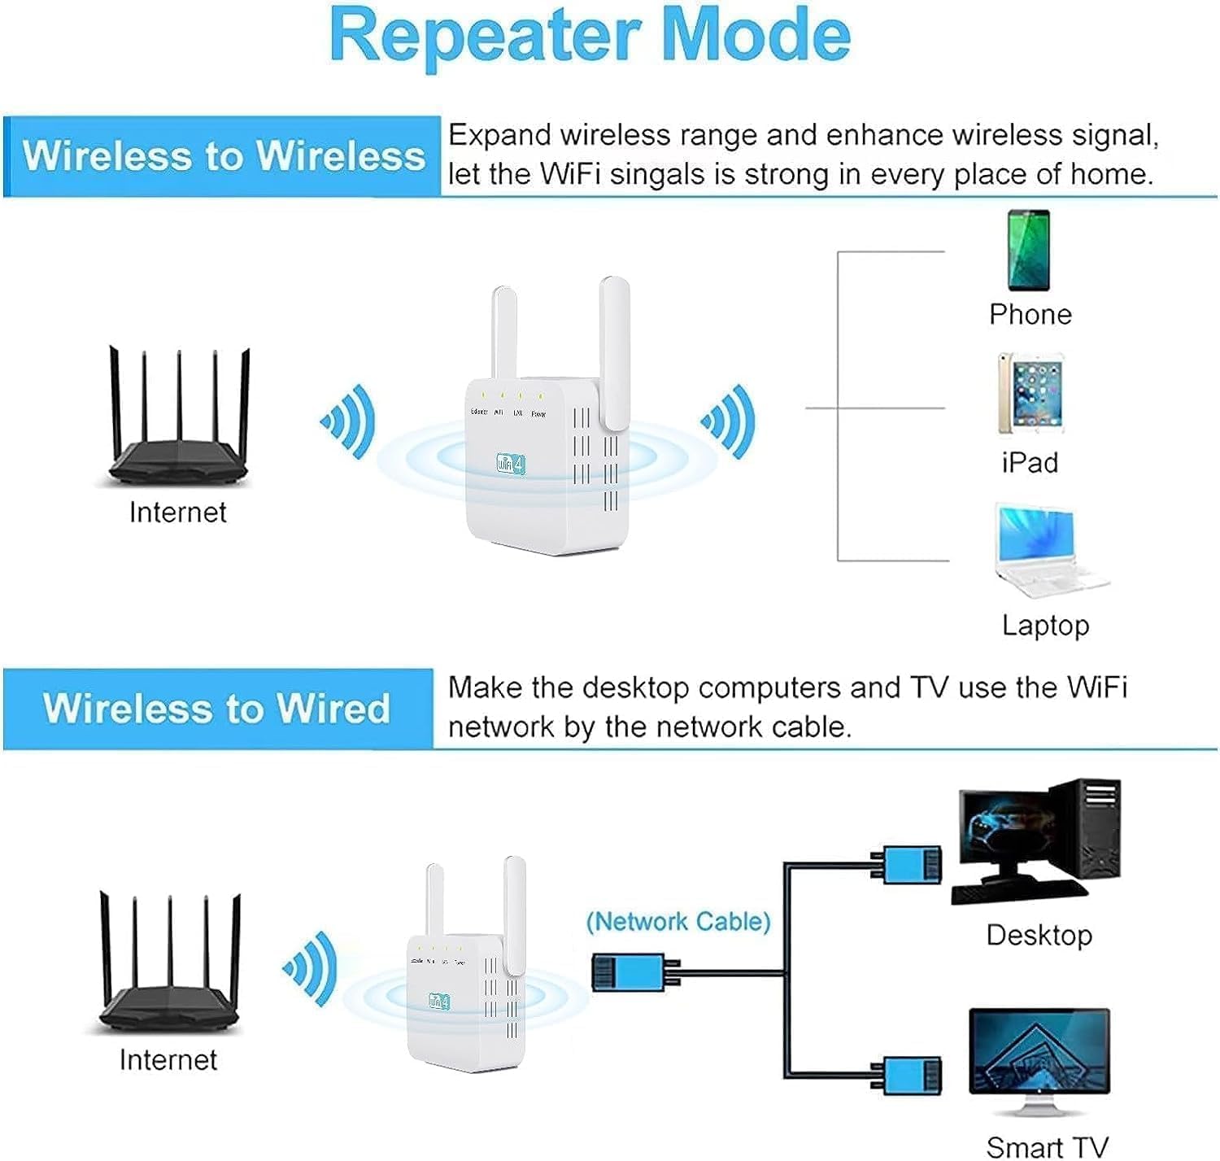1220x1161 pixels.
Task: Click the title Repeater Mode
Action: click(590, 37)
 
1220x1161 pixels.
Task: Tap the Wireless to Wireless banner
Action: click(223, 155)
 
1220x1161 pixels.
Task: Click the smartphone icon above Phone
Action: click(1029, 251)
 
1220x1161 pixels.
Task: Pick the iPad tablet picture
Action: click(1030, 394)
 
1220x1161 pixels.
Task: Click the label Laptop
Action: click(1045, 625)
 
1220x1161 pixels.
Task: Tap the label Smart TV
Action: click(1047, 1146)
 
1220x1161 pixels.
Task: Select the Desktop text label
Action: click(1039, 935)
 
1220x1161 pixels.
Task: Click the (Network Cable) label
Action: click(678, 921)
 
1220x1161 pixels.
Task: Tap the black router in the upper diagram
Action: click(179, 423)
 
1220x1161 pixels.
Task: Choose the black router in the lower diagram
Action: click(169, 968)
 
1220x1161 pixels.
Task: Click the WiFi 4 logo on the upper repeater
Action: click(511, 465)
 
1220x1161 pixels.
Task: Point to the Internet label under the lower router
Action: click(168, 1059)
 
